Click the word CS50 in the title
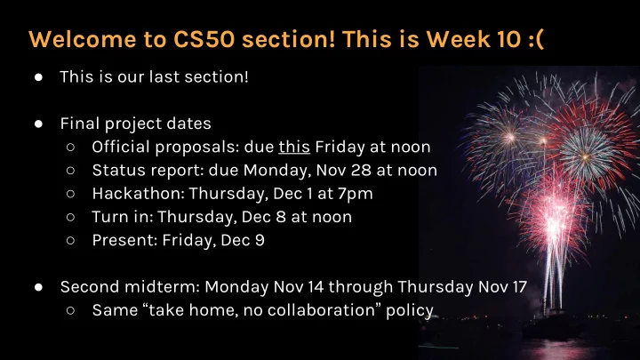click(x=204, y=39)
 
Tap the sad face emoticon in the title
click(x=536, y=40)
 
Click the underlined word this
click(x=294, y=147)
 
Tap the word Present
click(x=125, y=240)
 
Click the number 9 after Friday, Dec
click(x=260, y=240)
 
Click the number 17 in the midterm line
click(x=520, y=286)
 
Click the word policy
click(x=410, y=311)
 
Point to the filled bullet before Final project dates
click(x=39, y=124)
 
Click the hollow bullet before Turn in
click(x=70, y=217)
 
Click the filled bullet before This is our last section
click(x=39, y=77)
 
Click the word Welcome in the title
click(x=83, y=39)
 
